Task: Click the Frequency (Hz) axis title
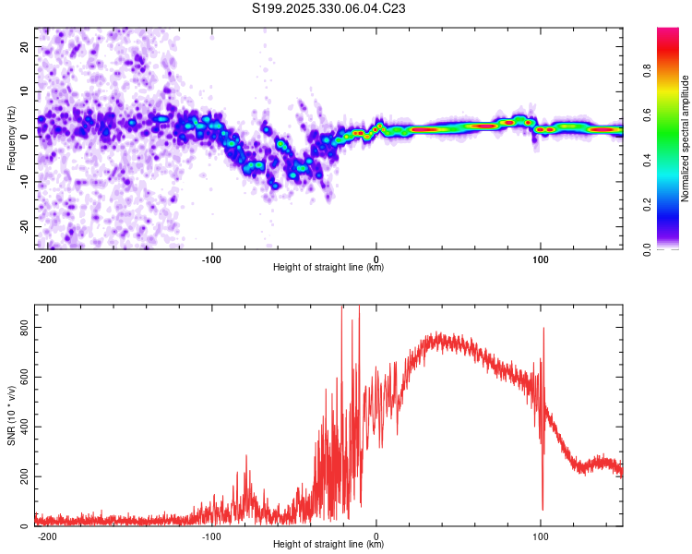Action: tap(11, 138)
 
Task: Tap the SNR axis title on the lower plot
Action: tap(11, 415)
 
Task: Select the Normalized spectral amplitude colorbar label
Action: tap(686, 138)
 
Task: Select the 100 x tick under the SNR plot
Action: tap(541, 536)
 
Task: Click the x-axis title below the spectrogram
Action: tap(328, 268)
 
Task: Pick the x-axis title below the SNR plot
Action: tap(328, 545)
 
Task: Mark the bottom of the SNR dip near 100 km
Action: tap(543, 509)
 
